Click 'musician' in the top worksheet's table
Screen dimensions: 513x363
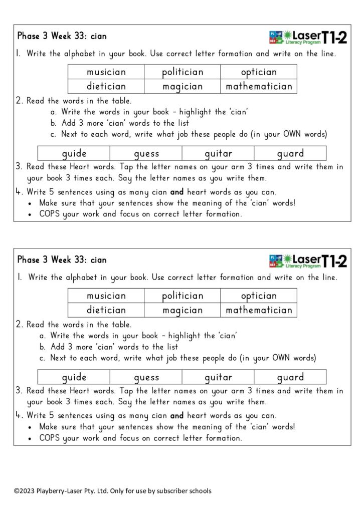(106, 72)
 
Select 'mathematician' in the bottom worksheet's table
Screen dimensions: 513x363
(259, 310)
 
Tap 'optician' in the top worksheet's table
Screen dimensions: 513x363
(259, 72)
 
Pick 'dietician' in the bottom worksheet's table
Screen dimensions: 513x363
(106, 310)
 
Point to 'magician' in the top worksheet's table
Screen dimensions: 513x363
(183, 87)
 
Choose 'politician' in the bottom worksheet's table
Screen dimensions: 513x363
(183, 296)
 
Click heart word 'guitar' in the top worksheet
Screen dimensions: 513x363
(218, 154)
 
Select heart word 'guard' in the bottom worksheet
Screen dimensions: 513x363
(290, 377)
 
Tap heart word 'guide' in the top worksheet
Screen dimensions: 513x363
(74, 154)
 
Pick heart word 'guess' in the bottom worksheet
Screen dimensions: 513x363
(146, 377)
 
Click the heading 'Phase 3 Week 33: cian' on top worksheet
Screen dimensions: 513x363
(62, 36)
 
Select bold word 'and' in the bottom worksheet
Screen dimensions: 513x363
(177, 416)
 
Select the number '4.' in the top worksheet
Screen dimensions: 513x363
(20, 192)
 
